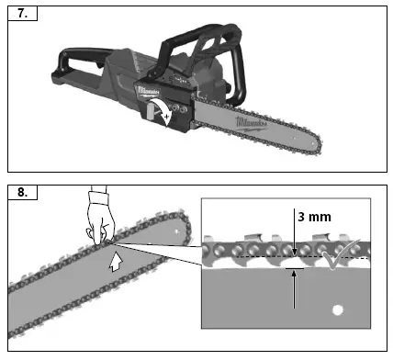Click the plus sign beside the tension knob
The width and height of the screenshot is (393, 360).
click(167, 117)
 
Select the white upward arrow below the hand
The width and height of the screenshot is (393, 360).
click(116, 264)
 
